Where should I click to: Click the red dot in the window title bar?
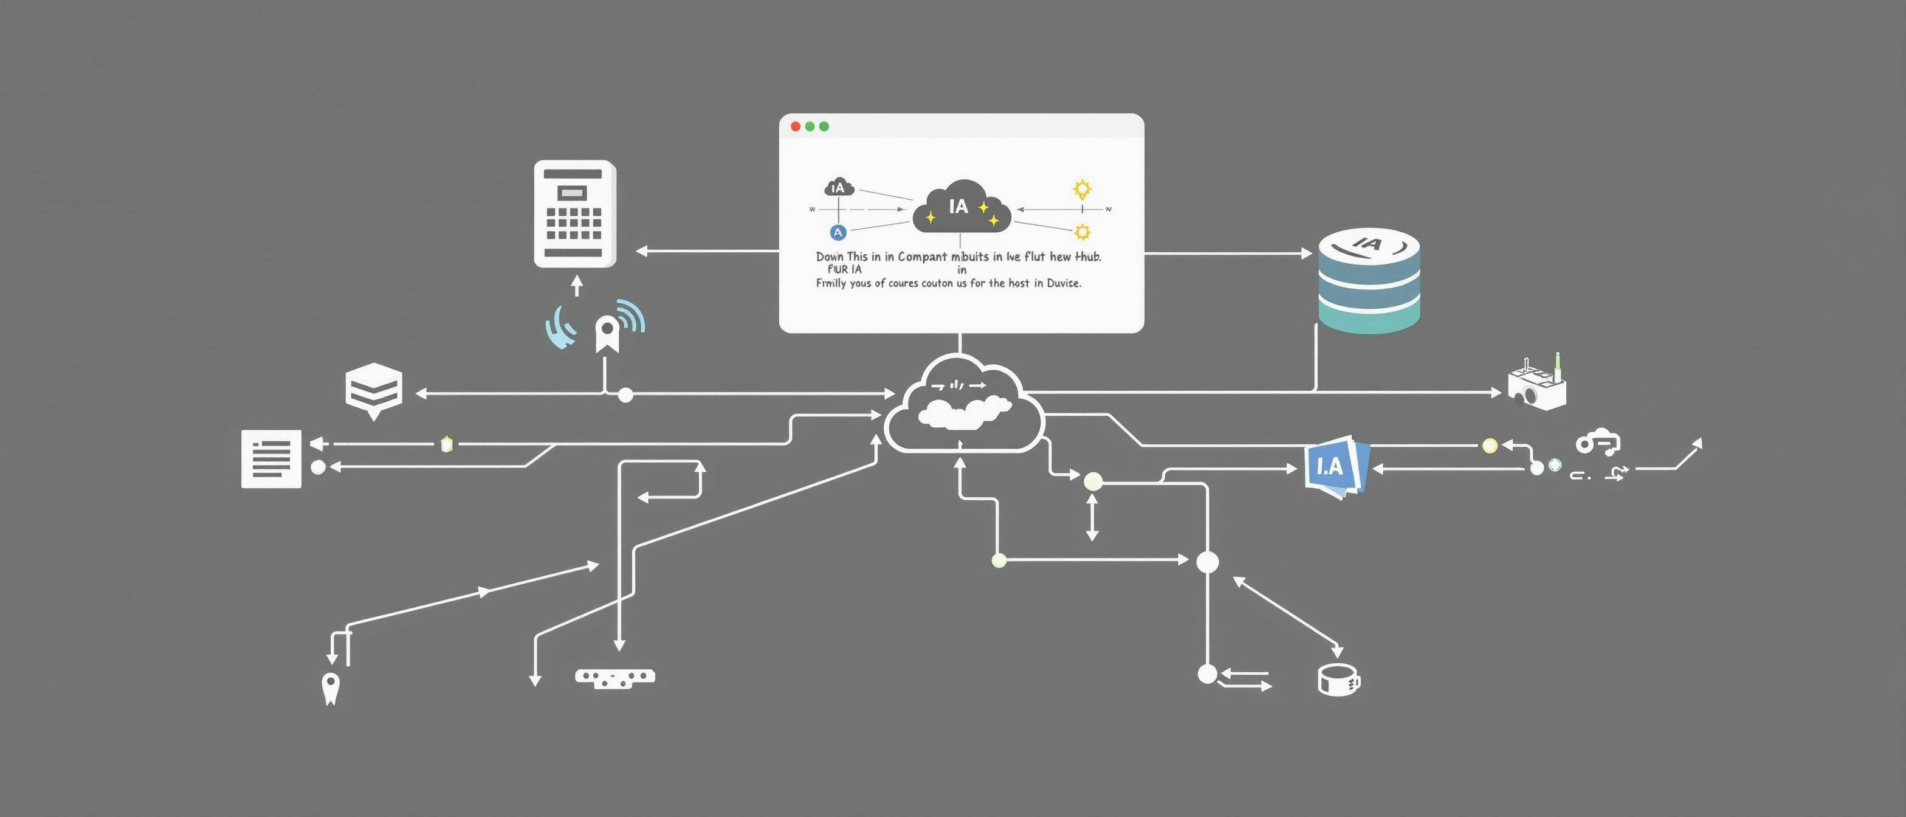coord(796,126)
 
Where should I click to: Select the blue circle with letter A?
coord(838,232)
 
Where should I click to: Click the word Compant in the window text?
coord(922,257)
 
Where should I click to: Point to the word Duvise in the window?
coord(1063,283)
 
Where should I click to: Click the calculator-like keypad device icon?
coord(575,213)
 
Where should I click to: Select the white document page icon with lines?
coord(271,458)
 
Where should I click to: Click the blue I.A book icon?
coord(1335,466)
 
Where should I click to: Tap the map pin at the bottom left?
coord(330,688)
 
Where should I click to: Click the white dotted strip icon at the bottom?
coord(615,677)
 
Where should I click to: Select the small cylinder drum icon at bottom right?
coord(1338,680)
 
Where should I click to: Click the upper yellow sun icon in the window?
coord(1082,190)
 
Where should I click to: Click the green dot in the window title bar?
coord(824,126)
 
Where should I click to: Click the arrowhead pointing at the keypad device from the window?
coord(641,252)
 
